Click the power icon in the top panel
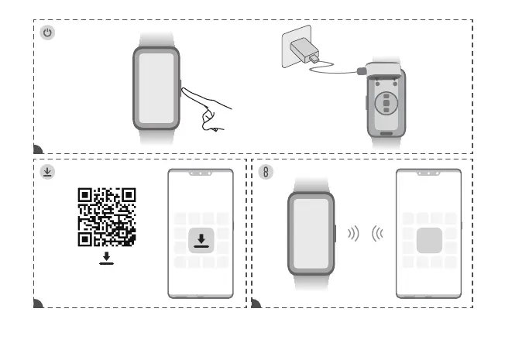[48, 33]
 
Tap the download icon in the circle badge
[48, 172]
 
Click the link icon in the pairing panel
[266, 172]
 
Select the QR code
[107, 217]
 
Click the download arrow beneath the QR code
[107, 258]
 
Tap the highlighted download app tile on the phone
[201, 240]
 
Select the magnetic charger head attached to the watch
[361, 71]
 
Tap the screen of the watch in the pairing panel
[311, 233]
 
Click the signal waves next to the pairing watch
[353, 234]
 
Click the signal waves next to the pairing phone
[378, 234]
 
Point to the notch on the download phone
[201, 173]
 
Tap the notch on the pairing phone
[428, 173]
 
